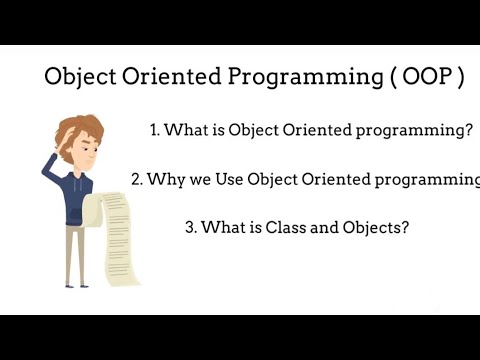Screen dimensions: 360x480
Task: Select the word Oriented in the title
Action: point(171,79)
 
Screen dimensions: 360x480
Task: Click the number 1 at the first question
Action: point(154,131)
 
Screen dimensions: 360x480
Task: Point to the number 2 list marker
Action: point(136,179)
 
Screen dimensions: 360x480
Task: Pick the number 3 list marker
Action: point(190,227)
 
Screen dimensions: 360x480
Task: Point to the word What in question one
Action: point(186,131)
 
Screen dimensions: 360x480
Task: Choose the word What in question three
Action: point(224,227)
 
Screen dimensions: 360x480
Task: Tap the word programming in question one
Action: point(423,131)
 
